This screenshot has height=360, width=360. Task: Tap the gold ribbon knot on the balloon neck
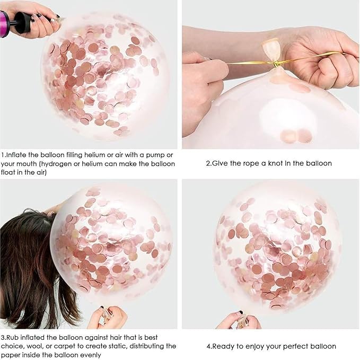(x=276, y=65)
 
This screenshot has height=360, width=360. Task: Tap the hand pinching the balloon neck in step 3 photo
(x=108, y=318)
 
